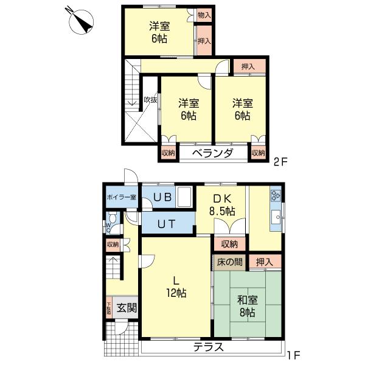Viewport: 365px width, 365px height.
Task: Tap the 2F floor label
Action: click(279, 162)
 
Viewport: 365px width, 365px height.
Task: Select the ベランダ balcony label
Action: click(212, 153)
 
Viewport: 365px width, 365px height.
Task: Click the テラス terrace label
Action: click(209, 348)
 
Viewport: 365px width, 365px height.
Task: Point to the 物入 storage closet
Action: click(204, 15)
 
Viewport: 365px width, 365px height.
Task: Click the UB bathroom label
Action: click(162, 197)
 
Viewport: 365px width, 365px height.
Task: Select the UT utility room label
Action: click(167, 223)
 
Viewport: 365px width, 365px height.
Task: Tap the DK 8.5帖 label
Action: click(223, 204)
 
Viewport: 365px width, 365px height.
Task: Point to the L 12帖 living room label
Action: click(176, 286)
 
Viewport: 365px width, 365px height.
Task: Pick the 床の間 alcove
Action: click(229, 262)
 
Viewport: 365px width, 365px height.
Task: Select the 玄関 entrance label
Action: click(127, 307)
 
